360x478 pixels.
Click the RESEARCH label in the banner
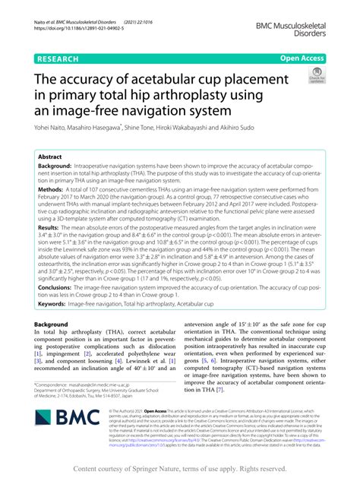pyautogui.click(x=57, y=57)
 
